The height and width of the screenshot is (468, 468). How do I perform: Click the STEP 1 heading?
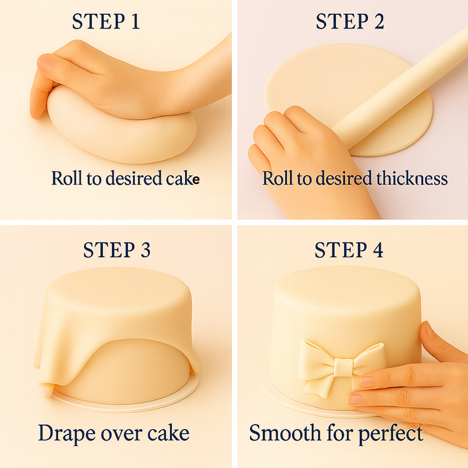click(x=106, y=21)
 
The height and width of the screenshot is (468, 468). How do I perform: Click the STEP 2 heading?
click(x=350, y=21)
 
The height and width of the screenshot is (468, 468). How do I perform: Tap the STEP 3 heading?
click(x=117, y=250)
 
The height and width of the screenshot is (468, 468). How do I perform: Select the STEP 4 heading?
click(x=349, y=250)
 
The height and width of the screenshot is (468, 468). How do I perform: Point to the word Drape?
click(x=67, y=433)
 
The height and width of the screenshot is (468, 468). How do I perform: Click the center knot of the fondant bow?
click(x=344, y=367)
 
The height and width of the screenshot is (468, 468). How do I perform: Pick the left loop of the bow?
click(x=317, y=356)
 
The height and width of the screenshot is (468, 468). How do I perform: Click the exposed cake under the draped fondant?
click(x=126, y=370)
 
